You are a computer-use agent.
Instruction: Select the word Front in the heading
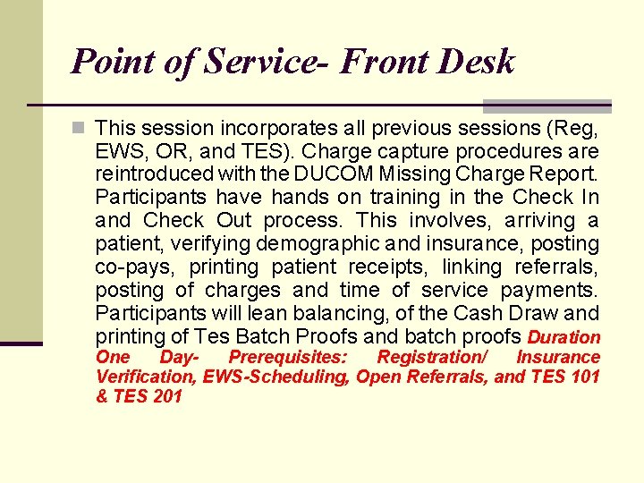[x=385, y=61]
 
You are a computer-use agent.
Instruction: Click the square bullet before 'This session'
[x=82, y=128]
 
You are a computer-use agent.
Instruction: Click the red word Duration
[x=563, y=338]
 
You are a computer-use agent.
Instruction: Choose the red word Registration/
[x=431, y=357]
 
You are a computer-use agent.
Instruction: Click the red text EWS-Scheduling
[x=276, y=377]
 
